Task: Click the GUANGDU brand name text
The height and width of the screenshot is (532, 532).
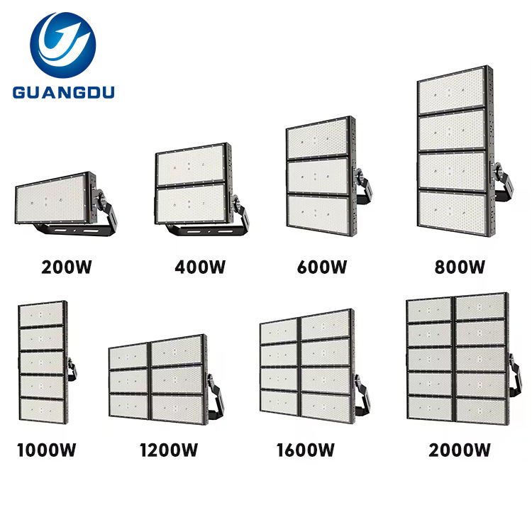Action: (62, 92)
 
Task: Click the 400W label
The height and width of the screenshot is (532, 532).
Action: (199, 268)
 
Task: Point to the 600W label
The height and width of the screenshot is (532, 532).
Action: (322, 268)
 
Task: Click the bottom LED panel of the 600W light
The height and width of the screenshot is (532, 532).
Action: (317, 214)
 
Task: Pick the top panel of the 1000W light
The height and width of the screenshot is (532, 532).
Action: (40, 313)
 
